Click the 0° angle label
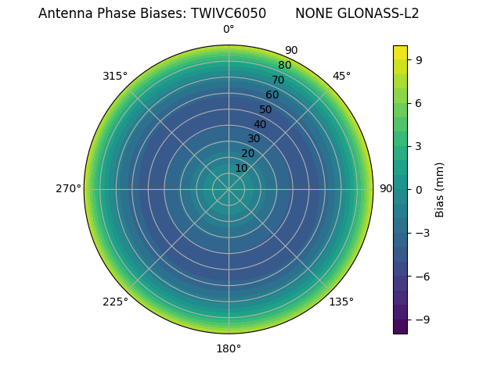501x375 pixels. [229, 30]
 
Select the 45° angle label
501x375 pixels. [341, 76]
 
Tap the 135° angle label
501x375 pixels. [341, 302]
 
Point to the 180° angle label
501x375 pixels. [229, 348]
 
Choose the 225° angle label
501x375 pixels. [115, 302]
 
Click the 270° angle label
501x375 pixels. [68, 189]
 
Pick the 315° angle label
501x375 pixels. [115, 76]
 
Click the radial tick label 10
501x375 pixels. [241, 168]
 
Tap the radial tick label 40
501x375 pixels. [260, 124]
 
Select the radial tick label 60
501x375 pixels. [272, 95]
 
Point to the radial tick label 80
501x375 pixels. [284, 66]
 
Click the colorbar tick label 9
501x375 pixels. [420, 59]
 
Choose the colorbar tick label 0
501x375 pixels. [420, 189]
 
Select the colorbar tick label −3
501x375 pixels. [423, 233]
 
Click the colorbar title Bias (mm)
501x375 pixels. [440, 189]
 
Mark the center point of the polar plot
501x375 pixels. [229, 189]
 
